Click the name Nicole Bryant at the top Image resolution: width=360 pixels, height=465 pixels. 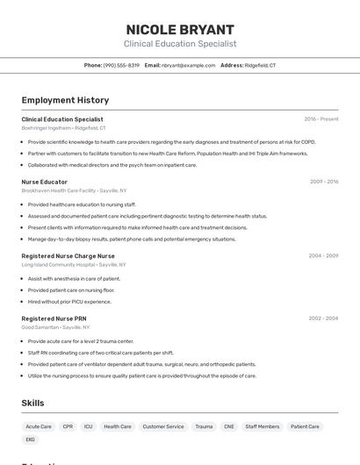(180, 29)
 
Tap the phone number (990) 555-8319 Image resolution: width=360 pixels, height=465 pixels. (121, 65)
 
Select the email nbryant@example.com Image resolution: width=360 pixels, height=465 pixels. (187, 65)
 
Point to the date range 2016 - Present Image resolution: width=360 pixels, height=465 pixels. (321, 118)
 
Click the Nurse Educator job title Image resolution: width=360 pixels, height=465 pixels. (45, 182)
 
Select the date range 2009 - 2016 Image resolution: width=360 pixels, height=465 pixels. (324, 182)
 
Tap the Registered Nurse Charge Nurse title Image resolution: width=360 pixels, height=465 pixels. (68, 255)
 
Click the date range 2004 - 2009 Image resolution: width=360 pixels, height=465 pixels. (323, 255)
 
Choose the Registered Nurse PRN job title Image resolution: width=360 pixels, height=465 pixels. (54, 318)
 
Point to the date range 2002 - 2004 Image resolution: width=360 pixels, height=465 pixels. (323, 318)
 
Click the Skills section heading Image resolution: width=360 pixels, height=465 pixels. (33, 403)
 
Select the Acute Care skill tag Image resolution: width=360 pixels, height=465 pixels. (39, 426)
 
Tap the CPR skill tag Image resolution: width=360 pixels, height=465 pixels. (68, 426)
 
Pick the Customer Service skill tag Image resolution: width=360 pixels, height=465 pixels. (163, 426)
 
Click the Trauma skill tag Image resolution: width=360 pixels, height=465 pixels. (204, 426)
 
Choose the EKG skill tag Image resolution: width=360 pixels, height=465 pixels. (31, 440)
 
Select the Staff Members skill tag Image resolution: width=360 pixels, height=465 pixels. (263, 426)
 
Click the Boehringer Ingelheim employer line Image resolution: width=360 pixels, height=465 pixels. (63, 127)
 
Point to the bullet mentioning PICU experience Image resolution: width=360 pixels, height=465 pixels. (69, 301)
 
